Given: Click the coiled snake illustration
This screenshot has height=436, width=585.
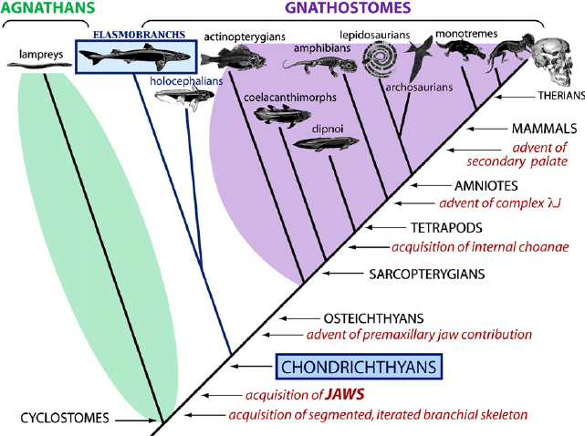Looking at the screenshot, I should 379,62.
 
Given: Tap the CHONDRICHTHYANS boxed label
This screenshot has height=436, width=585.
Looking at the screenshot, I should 360,367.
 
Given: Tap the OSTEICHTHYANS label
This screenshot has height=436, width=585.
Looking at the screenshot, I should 373,317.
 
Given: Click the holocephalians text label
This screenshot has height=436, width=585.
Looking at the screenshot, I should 189,80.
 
